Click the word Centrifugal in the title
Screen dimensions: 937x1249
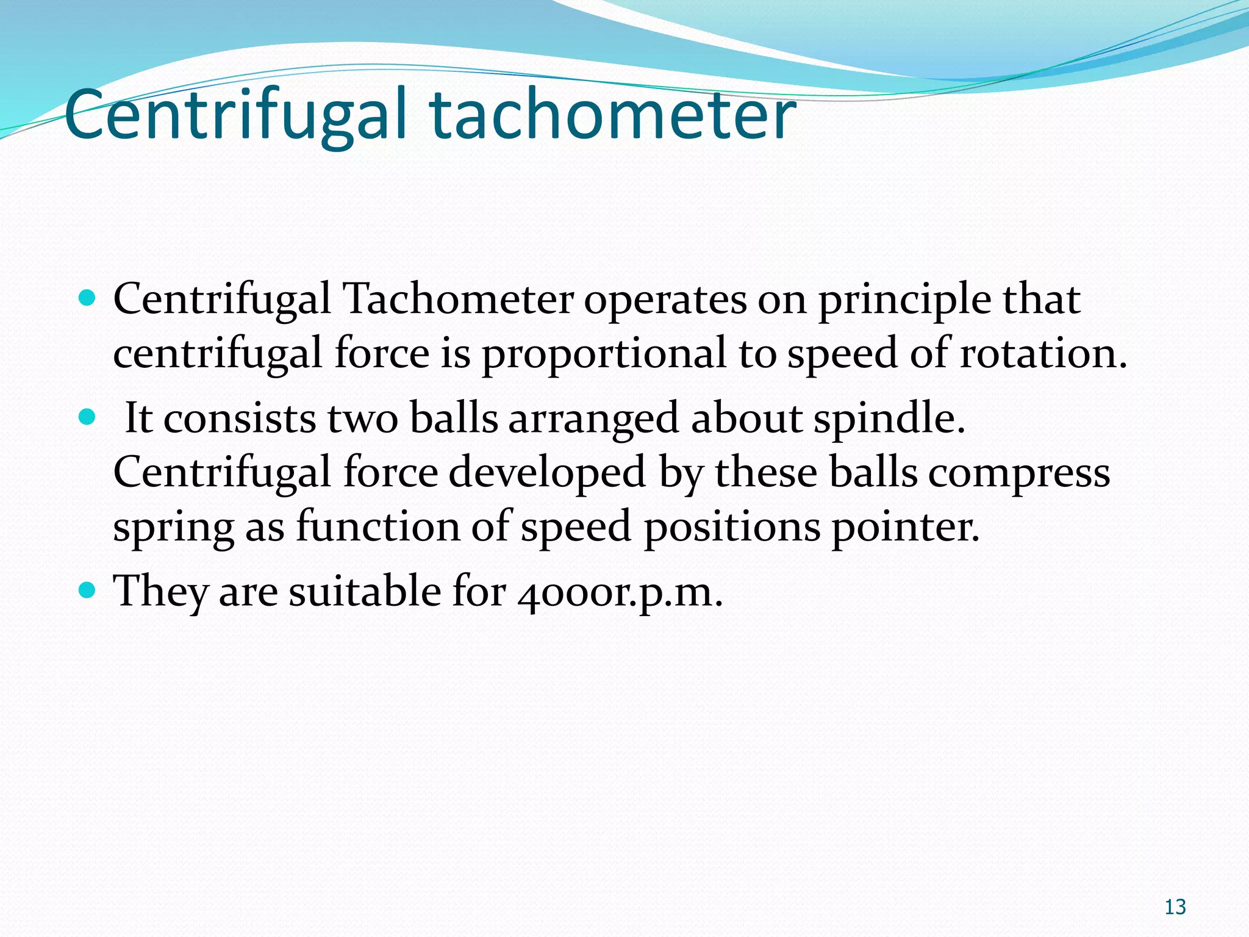[x=235, y=116]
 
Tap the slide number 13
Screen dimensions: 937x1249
[x=1175, y=907]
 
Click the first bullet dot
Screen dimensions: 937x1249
[x=88, y=298]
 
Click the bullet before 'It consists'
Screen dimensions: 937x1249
[x=88, y=417]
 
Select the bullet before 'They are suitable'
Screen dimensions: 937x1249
[x=88, y=590]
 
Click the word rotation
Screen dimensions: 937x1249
[x=1043, y=354]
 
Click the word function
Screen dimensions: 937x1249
[x=378, y=526]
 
